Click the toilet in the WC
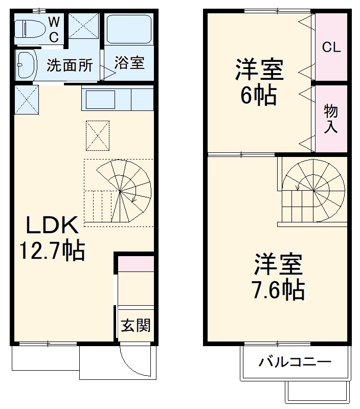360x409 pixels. (x=27, y=29)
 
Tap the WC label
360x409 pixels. (x=54, y=30)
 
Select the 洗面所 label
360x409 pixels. (x=70, y=65)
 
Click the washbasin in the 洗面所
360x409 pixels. (x=26, y=64)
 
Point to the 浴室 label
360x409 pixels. (x=129, y=63)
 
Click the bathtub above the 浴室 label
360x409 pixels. (x=129, y=30)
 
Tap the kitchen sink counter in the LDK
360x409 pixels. (x=117, y=99)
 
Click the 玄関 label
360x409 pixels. (x=136, y=325)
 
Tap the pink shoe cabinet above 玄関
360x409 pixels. (x=136, y=264)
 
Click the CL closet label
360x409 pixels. (x=331, y=48)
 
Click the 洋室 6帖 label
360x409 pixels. (x=259, y=82)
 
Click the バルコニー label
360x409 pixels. (x=295, y=362)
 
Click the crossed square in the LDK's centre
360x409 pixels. (x=98, y=135)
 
